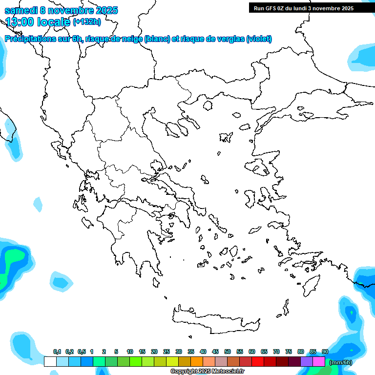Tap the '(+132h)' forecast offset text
pos(86,21)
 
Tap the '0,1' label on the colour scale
pos(57,352)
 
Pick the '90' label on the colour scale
pos(325,352)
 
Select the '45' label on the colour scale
pos(215,352)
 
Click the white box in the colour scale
pos(50,361)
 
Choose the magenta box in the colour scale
pos(319,361)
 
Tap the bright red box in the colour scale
pos(258,361)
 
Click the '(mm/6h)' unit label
pos(340,362)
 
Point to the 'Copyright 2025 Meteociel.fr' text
pos(207,372)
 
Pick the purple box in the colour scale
pos(307,361)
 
